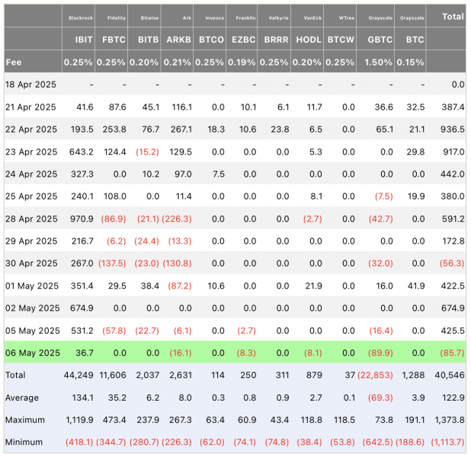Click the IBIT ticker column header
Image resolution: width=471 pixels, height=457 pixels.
tap(84, 40)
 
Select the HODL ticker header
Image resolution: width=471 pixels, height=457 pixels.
tap(309, 40)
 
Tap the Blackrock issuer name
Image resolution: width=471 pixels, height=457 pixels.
tap(81, 18)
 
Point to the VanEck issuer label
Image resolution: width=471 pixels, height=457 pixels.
tap(312, 18)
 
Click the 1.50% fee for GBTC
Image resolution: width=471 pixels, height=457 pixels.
tap(378, 62)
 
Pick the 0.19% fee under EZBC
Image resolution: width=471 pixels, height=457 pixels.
tap(242, 62)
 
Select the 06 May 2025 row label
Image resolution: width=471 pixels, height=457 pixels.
tap(33, 353)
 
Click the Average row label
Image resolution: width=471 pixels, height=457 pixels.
tap(22, 398)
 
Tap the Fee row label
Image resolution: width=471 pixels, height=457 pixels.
tap(14, 62)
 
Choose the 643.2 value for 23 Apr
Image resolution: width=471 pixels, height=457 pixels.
tap(81, 152)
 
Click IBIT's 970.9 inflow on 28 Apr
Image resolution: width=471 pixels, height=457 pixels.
tap(82, 219)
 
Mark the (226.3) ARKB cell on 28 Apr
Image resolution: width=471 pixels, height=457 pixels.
tap(177, 219)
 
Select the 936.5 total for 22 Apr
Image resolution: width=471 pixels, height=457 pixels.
tap(453, 129)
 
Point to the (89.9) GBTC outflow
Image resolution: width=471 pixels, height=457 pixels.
tap(380, 353)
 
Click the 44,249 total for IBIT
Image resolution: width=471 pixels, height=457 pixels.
tap(78, 376)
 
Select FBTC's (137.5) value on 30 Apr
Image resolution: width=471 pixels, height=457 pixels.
tap(112, 264)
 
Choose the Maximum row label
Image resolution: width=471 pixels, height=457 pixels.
tap(25, 420)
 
